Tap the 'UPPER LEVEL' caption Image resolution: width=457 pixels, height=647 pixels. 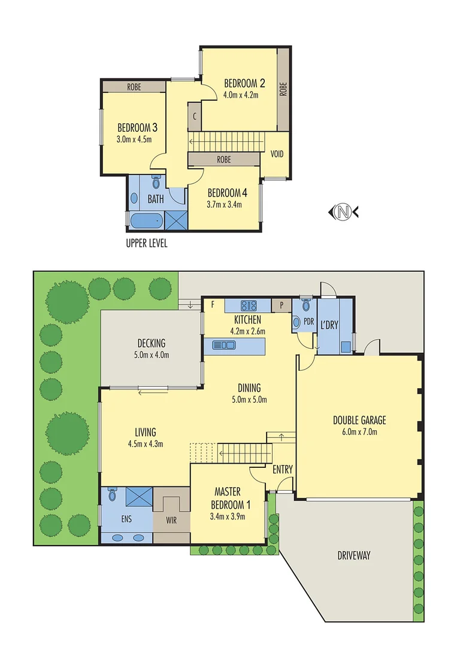(147, 243)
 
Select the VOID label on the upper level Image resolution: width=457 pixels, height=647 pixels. (277, 153)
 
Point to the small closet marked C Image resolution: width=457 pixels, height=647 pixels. (195, 117)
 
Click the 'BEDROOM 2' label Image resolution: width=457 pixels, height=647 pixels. (244, 83)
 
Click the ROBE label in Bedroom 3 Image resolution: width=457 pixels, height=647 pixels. (134, 87)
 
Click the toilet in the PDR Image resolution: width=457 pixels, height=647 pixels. (307, 305)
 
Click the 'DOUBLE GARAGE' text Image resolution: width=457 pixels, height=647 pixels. (359, 420)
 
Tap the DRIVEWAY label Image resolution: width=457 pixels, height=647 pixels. (353, 555)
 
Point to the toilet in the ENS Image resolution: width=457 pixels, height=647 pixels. (112, 495)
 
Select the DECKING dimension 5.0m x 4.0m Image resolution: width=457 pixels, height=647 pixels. (151, 354)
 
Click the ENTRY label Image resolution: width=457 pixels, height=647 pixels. (283, 470)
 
